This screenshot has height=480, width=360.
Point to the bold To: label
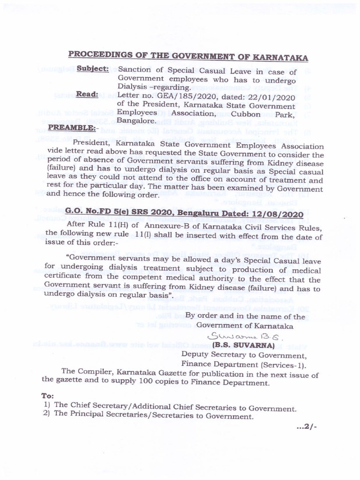tap(48, 396)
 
